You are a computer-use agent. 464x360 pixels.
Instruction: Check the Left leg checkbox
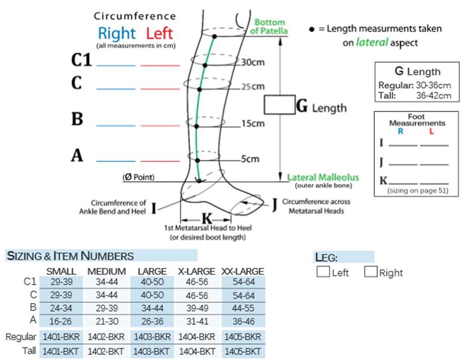click(322, 272)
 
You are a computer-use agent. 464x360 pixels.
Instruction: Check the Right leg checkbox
click(371, 272)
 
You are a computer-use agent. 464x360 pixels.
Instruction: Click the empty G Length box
click(280, 105)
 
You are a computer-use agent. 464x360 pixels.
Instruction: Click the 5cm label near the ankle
click(250, 159)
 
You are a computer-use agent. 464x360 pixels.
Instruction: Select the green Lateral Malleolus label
click(323, 177)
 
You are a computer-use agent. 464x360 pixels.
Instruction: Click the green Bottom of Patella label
click(270, 27)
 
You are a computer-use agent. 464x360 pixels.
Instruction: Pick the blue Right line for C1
click(116, 65)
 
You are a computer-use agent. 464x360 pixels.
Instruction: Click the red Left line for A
click(160, 161)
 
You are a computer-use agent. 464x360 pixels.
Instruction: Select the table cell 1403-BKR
click(152, 336)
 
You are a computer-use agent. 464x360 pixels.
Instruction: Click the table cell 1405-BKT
click(242, 351)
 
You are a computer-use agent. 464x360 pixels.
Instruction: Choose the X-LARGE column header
click(196, 271)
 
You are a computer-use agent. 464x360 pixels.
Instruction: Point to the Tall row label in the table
click(29, 351)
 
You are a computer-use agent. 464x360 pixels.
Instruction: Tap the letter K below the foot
click(206, 219)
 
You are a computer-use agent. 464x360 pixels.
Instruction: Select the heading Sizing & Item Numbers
click(71, 256)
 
